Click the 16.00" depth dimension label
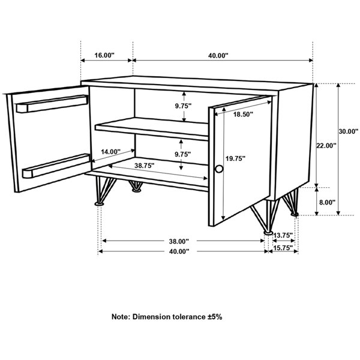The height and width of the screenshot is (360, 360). tap(104, 55)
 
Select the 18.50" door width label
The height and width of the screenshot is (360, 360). tap(243, 114)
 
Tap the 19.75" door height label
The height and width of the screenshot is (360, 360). tap(235, 158)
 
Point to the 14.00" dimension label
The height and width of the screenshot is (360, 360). tap(110, 152)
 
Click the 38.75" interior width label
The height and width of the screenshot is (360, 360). tap(145, 166)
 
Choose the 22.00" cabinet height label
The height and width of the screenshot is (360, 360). tap(326, 146)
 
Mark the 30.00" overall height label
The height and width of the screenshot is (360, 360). tap(348, 131)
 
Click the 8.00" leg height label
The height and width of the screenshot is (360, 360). tap(327, 203)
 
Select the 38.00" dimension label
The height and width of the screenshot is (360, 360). tap(179, 241)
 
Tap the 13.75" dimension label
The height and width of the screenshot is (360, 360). tap(283, 235)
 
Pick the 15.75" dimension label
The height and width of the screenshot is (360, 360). tap(283, 248)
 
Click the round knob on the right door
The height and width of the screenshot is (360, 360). tap(219, 169)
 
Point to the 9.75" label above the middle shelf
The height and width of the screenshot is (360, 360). tap(183, 106)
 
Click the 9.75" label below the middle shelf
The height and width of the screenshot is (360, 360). tap(183, 154)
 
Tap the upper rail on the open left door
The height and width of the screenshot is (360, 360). tap(52, 104)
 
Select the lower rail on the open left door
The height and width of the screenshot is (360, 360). tap(56, 166)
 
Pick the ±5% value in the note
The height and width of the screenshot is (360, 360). tap(214, 317)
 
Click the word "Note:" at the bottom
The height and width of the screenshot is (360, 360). tap(121, 317)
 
